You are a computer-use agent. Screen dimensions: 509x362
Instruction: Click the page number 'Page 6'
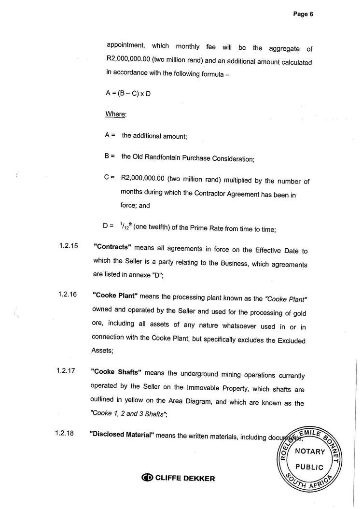coord(303,14)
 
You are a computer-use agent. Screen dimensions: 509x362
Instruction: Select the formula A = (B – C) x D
coord(128,94)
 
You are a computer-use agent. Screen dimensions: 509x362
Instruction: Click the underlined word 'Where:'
coord(116,114)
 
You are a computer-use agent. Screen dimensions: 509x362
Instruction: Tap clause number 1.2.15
coord(69,245)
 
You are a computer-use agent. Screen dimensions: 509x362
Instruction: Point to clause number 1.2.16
coord(68,295)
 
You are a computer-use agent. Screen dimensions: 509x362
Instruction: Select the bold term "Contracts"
coord(112,247)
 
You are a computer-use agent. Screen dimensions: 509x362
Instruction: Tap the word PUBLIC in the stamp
coord(309,467)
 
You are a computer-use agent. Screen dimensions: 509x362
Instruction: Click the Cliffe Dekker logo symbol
coord(147,478)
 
